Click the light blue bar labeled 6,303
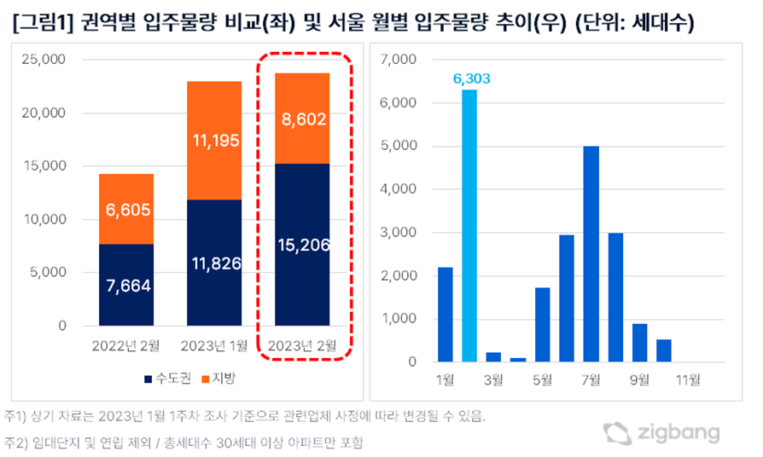(469, 226)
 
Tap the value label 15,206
(302, 246)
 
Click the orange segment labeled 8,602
(302, 119)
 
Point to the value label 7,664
(126, 286)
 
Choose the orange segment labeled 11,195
(214, 141)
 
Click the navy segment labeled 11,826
(214, 263)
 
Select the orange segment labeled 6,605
(126, 209)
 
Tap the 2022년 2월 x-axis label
(126, 345)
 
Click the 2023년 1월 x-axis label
(214, 345)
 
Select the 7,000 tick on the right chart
(398, 61)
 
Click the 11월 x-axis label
(687, 378)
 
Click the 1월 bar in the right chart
(445, 315)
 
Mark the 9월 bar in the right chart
(639, 343)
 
